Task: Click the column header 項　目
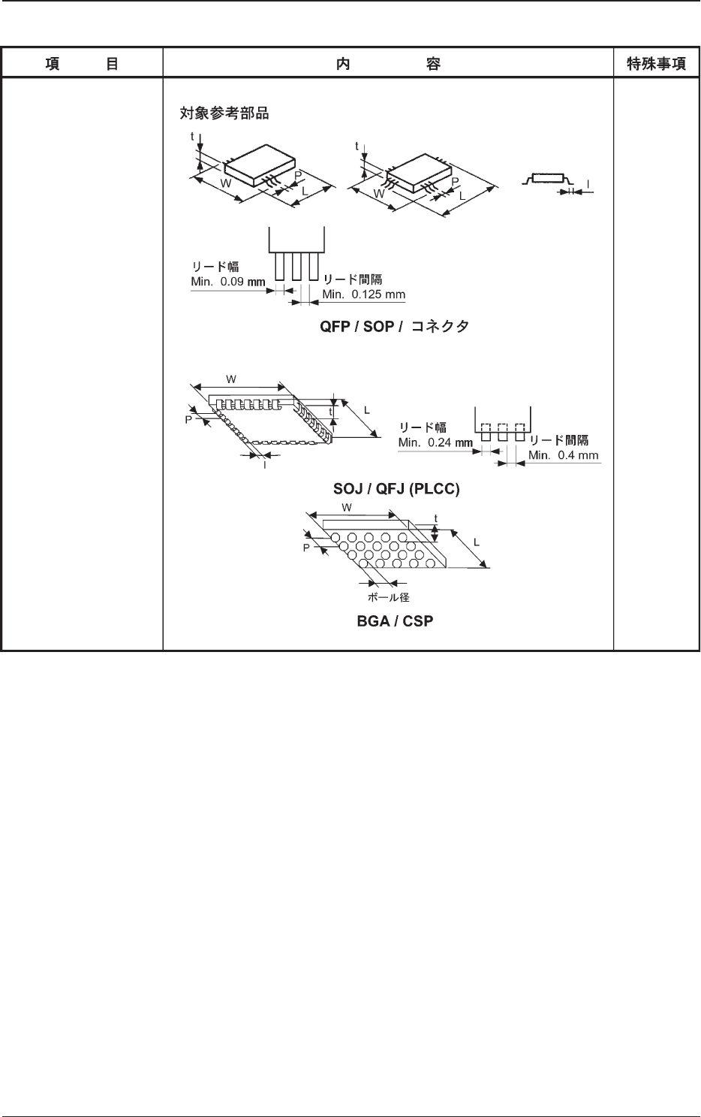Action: coord(81,65)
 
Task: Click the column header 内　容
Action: coord(387,65)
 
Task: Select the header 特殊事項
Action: coord(656,65)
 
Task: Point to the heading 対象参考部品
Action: coord(224,115)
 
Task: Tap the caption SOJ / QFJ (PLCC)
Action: coord(396,489)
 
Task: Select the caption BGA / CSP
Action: coord(395,622)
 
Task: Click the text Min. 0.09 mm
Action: coord(228,282)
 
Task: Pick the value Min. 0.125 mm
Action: coord(364,294)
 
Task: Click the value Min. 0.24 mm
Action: coord(435,442)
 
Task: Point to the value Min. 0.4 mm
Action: coord(564,455)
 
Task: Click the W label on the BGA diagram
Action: coord(347,508)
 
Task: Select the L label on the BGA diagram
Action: coord(477,542)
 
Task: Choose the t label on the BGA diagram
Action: coord(436,518)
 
